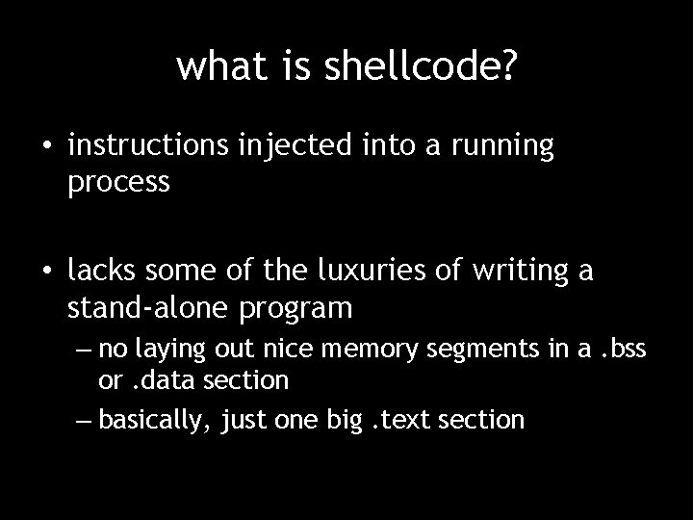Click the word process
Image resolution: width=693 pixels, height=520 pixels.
click(118, 181)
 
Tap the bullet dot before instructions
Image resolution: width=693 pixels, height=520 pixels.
click(46, 147)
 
